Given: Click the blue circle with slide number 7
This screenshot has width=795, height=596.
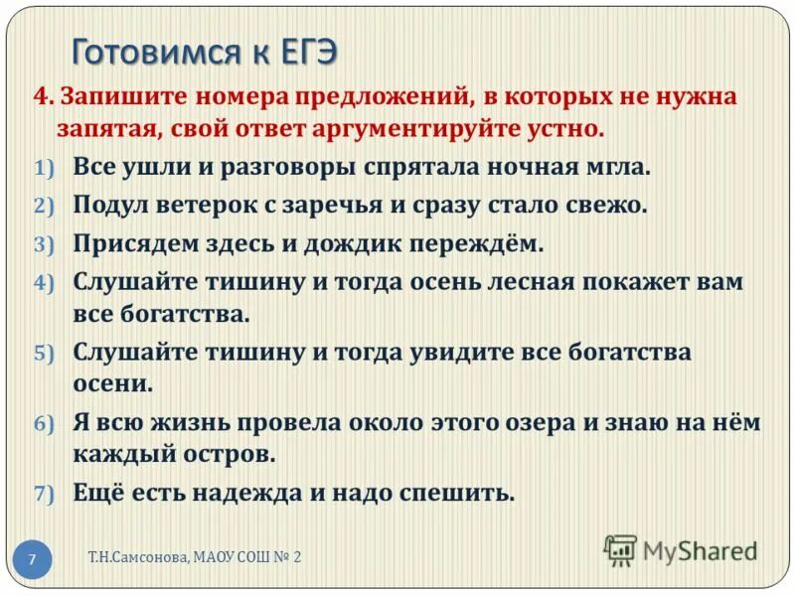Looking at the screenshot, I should pos(32,559).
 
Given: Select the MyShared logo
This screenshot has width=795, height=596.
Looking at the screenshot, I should pos(681,549).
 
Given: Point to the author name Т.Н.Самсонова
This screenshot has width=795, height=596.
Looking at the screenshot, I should pos(132,557).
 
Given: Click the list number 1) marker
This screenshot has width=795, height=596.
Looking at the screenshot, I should pos(47,168).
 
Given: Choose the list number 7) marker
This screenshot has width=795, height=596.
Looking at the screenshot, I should pos(47,494).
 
